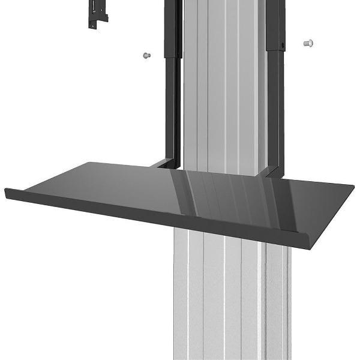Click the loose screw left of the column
pyautogui.click(x=145, y=55)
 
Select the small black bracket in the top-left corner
pyautogui.click(x=95, y=13)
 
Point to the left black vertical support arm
pyautogui.click(x=172, y=102)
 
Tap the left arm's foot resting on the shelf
pyautogui.click(x=163, y=163)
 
